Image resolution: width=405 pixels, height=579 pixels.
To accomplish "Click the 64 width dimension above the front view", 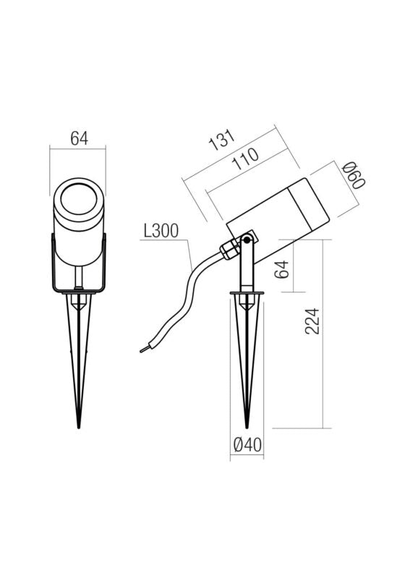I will point(78,138).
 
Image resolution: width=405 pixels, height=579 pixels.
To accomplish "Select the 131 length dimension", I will point(223,140).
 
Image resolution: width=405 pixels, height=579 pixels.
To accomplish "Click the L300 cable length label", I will point(161,232).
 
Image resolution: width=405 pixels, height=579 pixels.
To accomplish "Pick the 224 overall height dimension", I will point(312,321).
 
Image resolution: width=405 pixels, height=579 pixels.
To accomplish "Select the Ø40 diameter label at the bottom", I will point(247,446).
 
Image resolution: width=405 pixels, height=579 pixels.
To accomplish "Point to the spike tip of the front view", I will point(78,426).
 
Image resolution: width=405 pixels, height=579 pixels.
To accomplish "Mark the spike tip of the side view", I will point(247,426).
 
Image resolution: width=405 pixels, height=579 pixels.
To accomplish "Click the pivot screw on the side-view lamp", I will point(247,240).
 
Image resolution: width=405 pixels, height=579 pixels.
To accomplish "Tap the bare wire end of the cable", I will point(143,350).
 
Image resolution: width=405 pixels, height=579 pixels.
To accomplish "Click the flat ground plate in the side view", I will point(247,293).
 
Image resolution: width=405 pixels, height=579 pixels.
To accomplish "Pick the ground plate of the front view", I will point(78,292).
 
